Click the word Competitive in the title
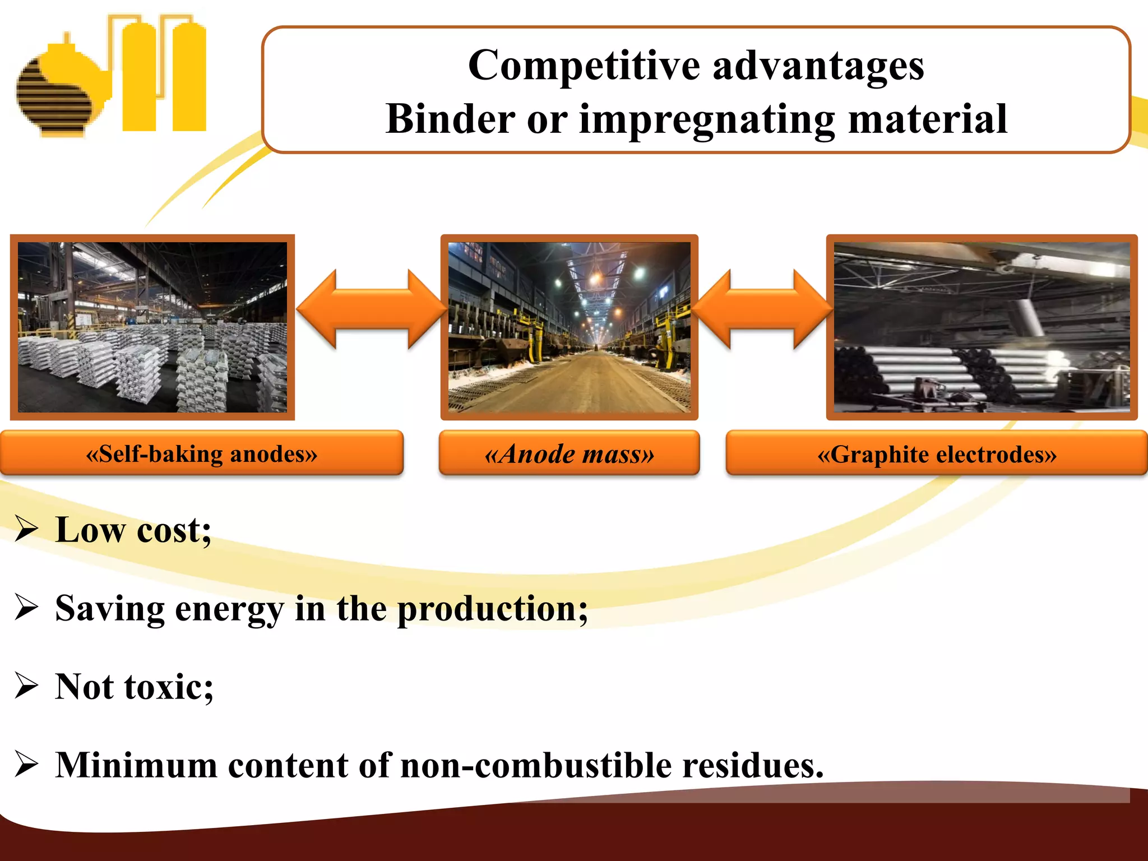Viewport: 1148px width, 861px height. (x=584, y=66)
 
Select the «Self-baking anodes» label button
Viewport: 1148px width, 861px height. (x=201, y=453)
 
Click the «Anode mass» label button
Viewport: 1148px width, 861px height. (x=569, y=453)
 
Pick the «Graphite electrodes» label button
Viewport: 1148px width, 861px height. (x=937, y=453)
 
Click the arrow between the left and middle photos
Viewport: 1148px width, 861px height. (x=371, y=309)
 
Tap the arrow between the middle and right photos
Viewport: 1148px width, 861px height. (x=762, y=309)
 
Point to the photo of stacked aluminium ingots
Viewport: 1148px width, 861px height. (x=152, y=327)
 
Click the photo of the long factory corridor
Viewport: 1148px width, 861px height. (x=569, y=327)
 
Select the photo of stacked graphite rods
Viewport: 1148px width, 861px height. (x=982, y=327)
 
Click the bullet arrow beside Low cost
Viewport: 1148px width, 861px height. (x=26, y=530)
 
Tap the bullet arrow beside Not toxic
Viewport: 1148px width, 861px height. (x=26, y=686)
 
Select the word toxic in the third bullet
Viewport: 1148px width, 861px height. (x=169, y=687)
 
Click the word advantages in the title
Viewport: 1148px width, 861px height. (x=818, y=66)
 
